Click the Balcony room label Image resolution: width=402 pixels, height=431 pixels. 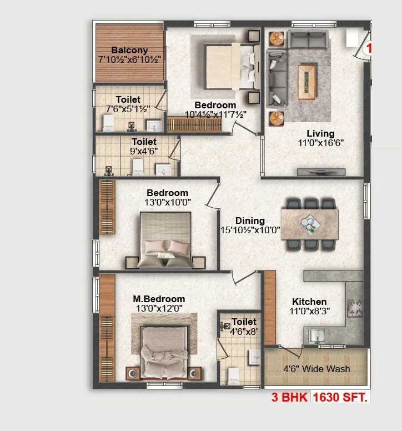[x=129, y=51]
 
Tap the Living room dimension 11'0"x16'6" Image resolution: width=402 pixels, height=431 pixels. [x=320, y=143]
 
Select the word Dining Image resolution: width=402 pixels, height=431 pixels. [x=250, y=220]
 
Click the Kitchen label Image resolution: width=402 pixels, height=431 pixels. [x=309, y=302]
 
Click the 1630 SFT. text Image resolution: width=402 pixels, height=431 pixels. [x=341, y=398]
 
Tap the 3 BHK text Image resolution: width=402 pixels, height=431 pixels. [x=290, y=398]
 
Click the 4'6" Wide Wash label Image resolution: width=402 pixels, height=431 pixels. [x=316, y=369]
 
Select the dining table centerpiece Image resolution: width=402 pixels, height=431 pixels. [x=309, y=223]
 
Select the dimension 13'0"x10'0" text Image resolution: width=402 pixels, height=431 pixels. [x=167, y=202]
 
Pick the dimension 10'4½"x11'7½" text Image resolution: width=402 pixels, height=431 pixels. [x=215, y=114]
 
